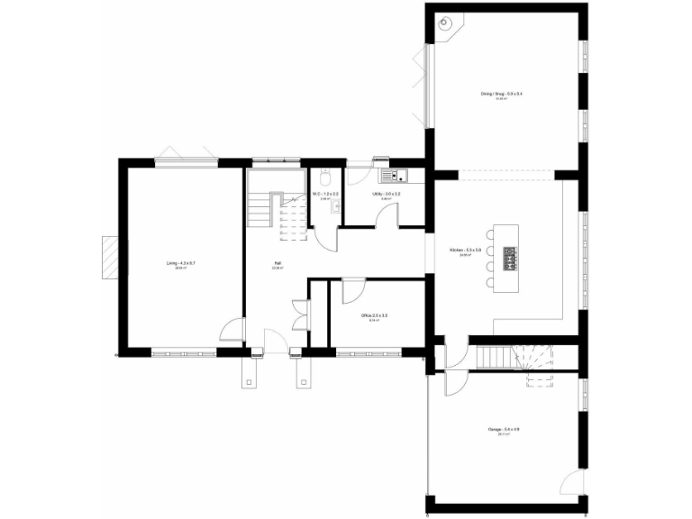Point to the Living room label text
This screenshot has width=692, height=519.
[x=180, y=263]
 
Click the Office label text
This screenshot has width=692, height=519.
[x=373, y=315]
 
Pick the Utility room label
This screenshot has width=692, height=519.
[x=385, y=194]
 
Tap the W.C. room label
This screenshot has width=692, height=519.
[x=324, y=194]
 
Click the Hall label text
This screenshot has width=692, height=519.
[x=278, y=264]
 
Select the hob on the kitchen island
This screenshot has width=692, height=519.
[x=510, y=259]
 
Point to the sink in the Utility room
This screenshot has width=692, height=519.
[x=395, y=175]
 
